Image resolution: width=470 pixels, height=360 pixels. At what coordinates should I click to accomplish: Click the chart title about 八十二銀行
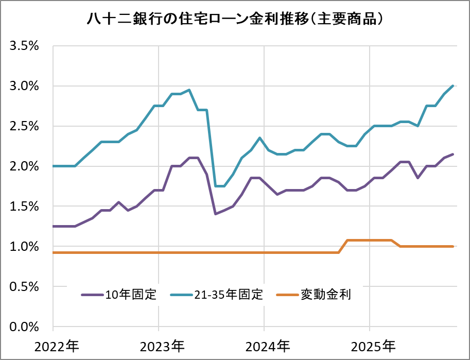(235, 19)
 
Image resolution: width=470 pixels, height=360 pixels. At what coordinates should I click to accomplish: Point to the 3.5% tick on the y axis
(25, 46)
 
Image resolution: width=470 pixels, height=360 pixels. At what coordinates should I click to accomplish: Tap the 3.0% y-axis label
(25, 86)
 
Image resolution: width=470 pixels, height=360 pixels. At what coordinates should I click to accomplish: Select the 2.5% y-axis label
(25, 126)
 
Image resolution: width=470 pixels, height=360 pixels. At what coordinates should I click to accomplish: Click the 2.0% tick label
(25, 166)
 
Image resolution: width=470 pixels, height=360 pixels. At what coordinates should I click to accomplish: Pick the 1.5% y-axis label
(25, 207)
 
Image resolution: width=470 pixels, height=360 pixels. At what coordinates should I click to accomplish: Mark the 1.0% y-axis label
(25, 247)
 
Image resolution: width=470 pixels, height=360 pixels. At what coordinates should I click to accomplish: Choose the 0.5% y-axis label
(25, 287)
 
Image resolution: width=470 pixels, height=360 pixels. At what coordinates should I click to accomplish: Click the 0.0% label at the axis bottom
(25, 327)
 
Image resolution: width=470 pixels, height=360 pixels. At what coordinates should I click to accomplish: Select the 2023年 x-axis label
(161, 345)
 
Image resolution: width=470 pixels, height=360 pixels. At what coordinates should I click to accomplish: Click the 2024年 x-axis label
(266, 345)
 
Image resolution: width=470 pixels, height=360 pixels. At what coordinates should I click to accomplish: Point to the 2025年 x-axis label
(371, 345)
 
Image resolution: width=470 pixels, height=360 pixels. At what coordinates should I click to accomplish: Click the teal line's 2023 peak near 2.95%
(189, 90)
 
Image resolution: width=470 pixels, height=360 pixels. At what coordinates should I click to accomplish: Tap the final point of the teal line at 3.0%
(453, 86)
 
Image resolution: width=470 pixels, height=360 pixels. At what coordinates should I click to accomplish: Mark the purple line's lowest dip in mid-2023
(215, 214)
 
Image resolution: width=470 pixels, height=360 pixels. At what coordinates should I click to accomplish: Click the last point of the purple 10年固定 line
(453, 154)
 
